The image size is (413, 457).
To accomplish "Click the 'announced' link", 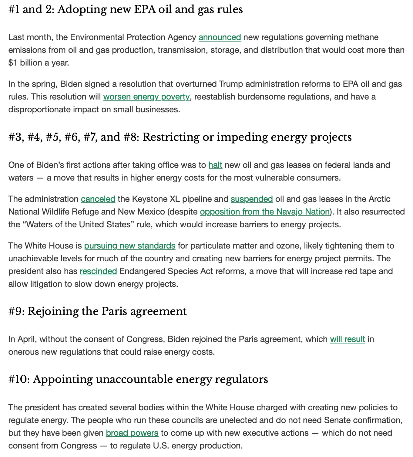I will point(220,37).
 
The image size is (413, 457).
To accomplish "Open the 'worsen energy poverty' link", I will point(146,97).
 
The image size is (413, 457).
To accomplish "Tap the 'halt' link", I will point(215,165).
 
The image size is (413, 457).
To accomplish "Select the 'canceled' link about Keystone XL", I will point(98,199).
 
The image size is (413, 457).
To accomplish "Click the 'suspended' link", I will point(252,199).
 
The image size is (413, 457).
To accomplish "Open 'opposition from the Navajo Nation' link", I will point(265,212).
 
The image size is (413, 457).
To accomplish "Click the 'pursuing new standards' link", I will point(130,246).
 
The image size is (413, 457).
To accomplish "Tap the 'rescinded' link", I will point(98,271).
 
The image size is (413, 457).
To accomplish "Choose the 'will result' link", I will point(348,339).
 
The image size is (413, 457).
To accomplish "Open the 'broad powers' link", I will point(132,433).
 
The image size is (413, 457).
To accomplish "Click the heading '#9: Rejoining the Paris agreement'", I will point(97,311).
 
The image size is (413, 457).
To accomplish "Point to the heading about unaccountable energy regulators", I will point(138,379).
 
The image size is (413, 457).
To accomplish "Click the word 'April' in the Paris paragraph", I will point(26,339).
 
